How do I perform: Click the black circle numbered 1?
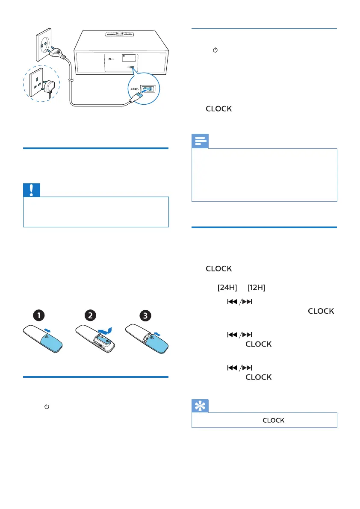tap(38, 316)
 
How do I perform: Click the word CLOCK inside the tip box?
tap(273, 420)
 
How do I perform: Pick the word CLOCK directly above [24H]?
tap(219, 269)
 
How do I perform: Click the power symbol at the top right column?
tap(215, 50)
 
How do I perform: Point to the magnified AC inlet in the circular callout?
tap(148, 89)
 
